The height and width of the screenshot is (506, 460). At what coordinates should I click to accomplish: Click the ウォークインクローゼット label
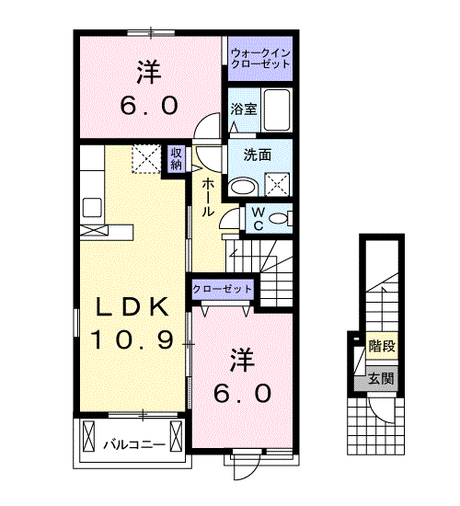[x=260, y=58]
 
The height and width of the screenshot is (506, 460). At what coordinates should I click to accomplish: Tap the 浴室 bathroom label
[x=244, y=109]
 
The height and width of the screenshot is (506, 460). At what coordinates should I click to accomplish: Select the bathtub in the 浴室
[x=277, y=110]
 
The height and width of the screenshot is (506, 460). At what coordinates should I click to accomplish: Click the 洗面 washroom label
[x=258, y=155]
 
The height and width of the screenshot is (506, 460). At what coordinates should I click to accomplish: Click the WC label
[x=259, y=219]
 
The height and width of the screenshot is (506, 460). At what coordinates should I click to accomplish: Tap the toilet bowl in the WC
[x=279, y=218]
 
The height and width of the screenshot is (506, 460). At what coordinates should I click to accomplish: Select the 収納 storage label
[x=176, y=159]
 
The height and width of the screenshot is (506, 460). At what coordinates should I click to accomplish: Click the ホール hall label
[x=208, y=198]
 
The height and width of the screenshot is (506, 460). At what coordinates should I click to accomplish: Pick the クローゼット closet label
[x=222, y=289]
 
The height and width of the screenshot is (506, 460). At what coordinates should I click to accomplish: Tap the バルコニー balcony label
[x=134, y=445]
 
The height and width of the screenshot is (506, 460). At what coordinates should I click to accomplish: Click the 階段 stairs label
[x=382, y=346]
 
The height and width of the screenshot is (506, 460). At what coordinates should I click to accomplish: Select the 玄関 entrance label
[x=382, y=378]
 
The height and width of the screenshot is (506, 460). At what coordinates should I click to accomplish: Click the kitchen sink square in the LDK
[x=92, y=207]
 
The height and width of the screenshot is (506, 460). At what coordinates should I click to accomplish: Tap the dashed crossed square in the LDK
[x=146, y=159]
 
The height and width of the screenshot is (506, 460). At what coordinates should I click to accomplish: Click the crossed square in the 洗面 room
[x=277, y=184]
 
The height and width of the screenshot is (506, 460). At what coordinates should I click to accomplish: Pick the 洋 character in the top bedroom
[x=149, y=73]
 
